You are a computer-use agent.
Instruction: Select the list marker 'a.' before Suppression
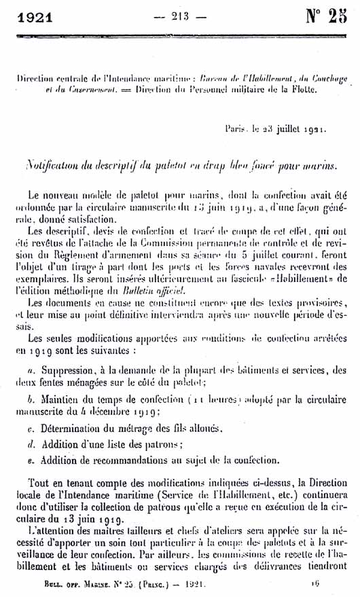pos(32,372)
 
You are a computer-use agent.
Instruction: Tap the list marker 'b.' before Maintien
pos(32,400)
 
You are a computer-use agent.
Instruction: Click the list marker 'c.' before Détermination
pos(31,429)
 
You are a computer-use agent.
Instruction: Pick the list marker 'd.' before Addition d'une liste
pos(32,445)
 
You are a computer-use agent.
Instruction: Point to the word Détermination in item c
pos(75,429)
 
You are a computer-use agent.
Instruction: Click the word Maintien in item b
pos(62,400)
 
